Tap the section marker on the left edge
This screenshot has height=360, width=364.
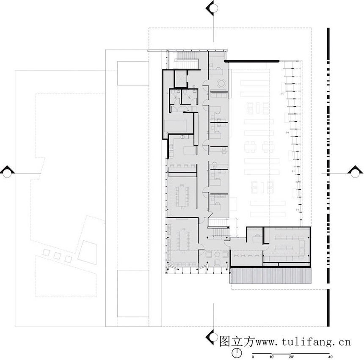7,172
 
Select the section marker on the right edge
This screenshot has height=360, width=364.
355,172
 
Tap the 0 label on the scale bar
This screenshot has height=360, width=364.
253,357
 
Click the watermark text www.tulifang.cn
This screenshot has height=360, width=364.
303,342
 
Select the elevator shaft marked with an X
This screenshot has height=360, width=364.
180,79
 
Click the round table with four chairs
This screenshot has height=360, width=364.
221,83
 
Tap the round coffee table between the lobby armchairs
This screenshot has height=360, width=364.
217,255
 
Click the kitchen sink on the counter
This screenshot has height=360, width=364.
182,137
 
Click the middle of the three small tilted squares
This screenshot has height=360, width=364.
57,256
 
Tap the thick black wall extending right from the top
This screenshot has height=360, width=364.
252,61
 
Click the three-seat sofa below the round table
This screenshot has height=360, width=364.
219,95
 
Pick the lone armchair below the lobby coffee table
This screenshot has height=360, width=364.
218,263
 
